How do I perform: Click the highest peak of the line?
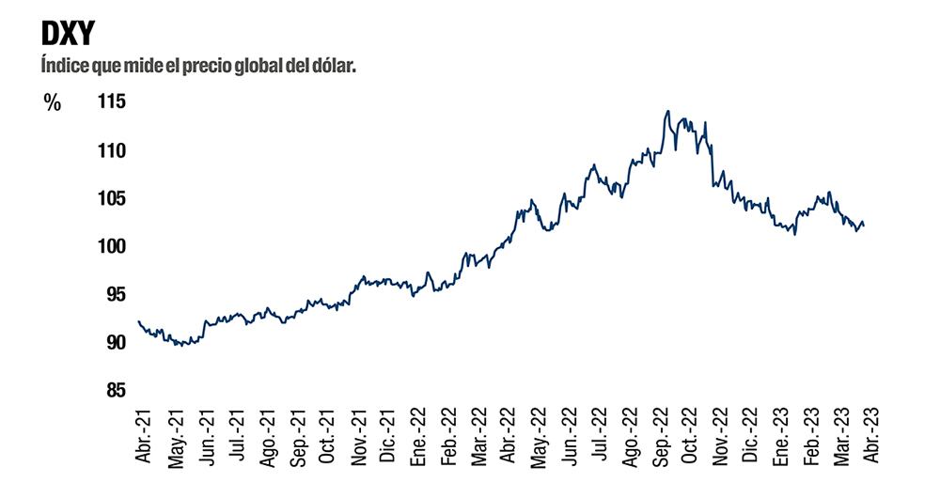pos(667,111)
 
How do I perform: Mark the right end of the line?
pos(864,224)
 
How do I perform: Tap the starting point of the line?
pos(138,321)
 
